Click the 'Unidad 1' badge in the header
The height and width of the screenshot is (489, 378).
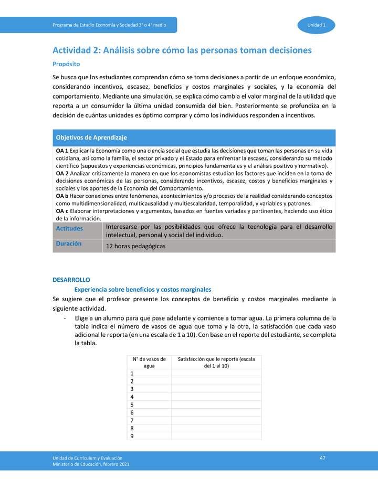pyautogui.click(x=317, y=25)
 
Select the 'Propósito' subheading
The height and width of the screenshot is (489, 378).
pyautogui.click(x=66, y=64)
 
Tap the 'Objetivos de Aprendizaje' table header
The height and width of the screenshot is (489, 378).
pyautogui.click(x=91, y=137)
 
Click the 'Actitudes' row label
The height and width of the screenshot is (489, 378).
pyautogui.click(x=69, y=228)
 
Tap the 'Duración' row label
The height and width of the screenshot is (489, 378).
pyautogui.click(x=69, y=244)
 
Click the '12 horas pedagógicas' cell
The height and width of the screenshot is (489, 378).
pyautogui.click(x=135, y=246)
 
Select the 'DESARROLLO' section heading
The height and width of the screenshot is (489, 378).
pyautogui.click(x=71, y=280)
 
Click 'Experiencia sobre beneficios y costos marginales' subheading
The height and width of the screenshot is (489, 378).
pyautogui.click(x=143, y=289)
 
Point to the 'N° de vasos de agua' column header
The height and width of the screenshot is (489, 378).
pyautogui.click(x=149, y=362)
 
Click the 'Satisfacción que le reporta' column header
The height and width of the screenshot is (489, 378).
pyautogui.click(x=216, y=362)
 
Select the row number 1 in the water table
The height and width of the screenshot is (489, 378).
pyautogui.click(x=132, y=373)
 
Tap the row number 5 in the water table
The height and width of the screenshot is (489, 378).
pyautogui.click(x=132, y=405)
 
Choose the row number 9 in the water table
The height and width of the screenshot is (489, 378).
pyautogui.click(x=132, y=436)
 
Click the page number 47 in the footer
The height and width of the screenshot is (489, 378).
pyautogui.click(x=322, y=458)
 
